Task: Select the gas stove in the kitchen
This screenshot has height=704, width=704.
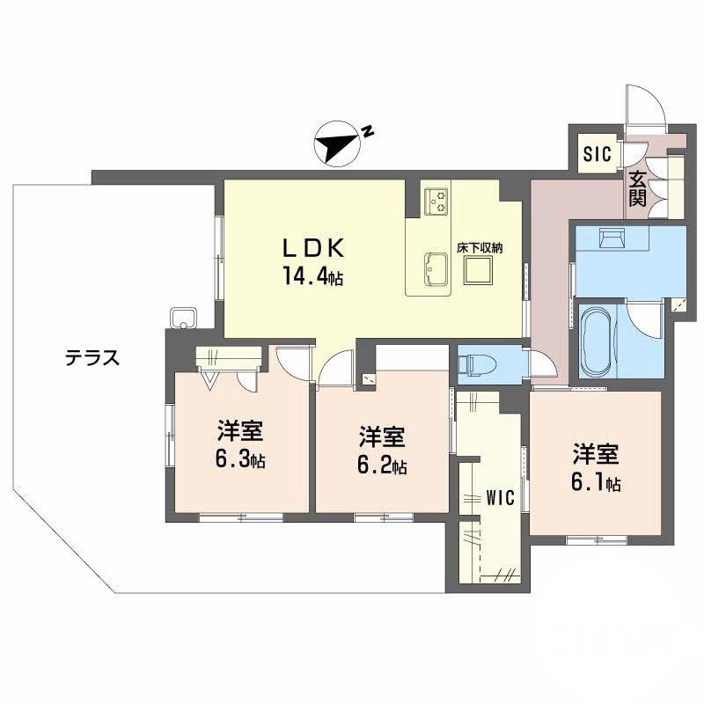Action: (x=436, y=202)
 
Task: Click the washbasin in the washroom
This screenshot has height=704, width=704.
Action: (x=612, y=238)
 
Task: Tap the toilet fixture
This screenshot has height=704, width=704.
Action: (x=475, y=363)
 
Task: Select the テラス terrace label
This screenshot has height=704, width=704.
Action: (x=92, y=358)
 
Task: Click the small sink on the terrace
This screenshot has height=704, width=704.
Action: (x=183, y=318)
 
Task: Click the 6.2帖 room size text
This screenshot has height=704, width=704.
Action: (x=381, y=465)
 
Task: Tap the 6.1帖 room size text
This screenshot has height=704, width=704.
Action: (x=596, y=483)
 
